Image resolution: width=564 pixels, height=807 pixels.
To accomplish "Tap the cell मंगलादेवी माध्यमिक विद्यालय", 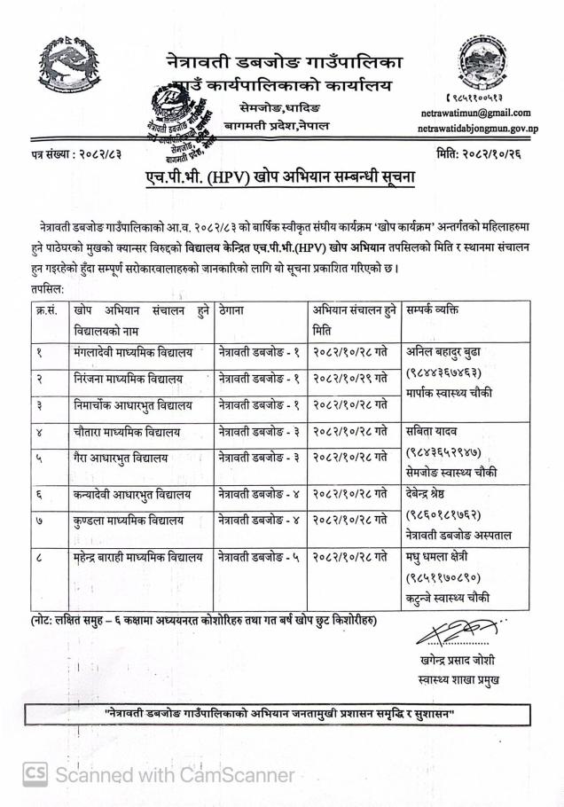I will pos(133,352).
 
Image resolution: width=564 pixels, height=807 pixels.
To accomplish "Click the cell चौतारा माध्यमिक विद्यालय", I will pos(128,432).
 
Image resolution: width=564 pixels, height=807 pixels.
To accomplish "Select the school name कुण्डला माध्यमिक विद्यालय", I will pos(129,521).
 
